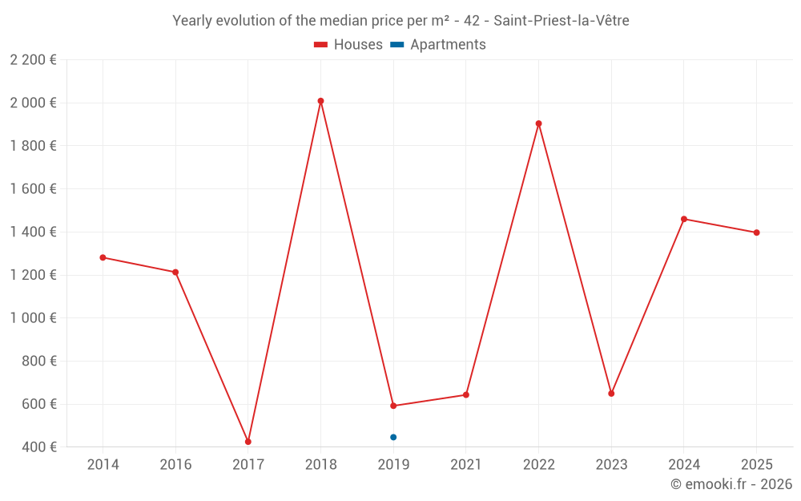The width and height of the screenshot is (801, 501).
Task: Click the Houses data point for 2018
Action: pyautogui.click(x=320, y=101)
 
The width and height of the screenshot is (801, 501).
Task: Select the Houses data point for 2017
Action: pyautogui.click(x=248, y=442)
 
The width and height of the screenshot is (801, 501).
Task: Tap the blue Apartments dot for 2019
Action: pyautogui.click(x=393, y=437)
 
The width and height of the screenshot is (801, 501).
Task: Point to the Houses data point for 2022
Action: pyautogui.click(x=538, y=123)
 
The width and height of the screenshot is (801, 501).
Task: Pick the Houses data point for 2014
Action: pyautogui.click(x=103, y=257)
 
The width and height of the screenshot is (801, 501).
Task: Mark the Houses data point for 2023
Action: pyautogui.click(x=611, y=394)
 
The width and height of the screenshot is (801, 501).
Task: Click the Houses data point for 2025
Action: pyautogui.click(x=756, y=232)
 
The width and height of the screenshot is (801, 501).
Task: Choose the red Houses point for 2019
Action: pyautogui.click(x=393, y=406)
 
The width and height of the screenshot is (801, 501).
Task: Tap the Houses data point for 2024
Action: pyautogui.click(x=683, y=219)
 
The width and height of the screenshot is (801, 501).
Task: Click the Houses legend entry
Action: pyautogui.click(x=348, y=45)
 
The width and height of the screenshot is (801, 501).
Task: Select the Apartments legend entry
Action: pyautogui.click(x=438, y=45)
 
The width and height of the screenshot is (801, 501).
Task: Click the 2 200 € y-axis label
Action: pyautogui.click(x=33, y=60)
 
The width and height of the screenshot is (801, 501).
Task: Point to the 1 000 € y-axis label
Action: pyautogui.click(x=33, y=318)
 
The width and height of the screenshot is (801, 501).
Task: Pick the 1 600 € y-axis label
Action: pyautogui.click(x=33, y=189)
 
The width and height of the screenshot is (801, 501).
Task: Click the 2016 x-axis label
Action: pyautogui.click(x=175, y=465)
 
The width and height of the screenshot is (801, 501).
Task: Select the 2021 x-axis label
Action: pyautogui.click(x=465, y=465)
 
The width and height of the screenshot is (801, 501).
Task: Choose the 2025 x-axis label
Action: pyautogui.click(x=756, y=465)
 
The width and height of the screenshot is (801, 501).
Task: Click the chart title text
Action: pyautogui.click(x=400, y=21)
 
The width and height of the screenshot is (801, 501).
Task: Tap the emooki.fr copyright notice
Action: pyautogui.click(x=731, y=484)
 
